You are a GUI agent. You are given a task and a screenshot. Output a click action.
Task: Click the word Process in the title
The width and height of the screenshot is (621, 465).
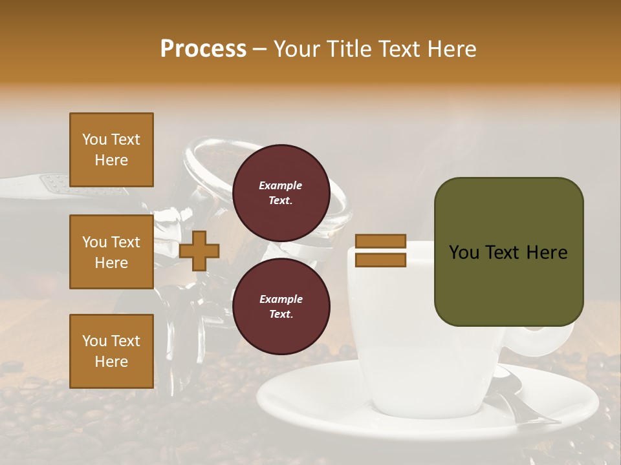tap(203, 49)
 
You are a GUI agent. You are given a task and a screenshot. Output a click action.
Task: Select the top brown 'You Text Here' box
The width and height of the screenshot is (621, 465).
tap(111, 150)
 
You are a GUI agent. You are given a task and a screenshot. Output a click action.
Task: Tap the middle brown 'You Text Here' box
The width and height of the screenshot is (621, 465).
tap(111, 252)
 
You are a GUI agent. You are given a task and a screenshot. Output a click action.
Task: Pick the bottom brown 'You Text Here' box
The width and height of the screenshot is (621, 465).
tap(111, 351)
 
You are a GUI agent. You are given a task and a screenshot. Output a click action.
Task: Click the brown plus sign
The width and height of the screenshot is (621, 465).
tap(199, 251)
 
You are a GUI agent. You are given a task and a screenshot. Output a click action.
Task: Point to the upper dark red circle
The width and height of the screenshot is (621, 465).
tap(281, 193)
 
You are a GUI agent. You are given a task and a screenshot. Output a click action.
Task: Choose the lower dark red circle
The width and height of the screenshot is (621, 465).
tap(281, 307)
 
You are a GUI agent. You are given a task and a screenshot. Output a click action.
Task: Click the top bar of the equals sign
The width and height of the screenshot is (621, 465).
tap(380, 242)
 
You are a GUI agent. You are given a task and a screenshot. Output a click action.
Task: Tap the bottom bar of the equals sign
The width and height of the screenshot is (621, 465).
tap(380, 260)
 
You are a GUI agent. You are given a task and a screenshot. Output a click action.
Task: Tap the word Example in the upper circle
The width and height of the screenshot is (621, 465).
tap(281, 185)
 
